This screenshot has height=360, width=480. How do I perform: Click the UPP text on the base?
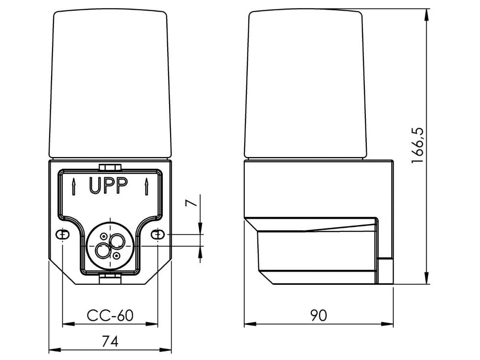click(x=108, y=186)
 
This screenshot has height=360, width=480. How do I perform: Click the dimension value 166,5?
click(x=417, y=145)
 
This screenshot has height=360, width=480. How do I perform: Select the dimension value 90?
click(x=318, y=315)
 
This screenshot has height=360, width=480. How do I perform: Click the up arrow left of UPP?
click(x=73, y=187)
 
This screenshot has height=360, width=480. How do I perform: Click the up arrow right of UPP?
click(x=146, y=187)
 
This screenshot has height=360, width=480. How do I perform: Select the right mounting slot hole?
click(x=158, y=234)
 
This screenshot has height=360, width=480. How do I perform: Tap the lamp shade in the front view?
click(x=110, y=84)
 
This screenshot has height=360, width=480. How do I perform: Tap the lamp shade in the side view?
click(x=305, y=84)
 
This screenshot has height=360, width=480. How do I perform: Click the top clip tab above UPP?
click(x=110, y=167)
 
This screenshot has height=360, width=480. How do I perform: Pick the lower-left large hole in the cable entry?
click(x=103, y=250)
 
